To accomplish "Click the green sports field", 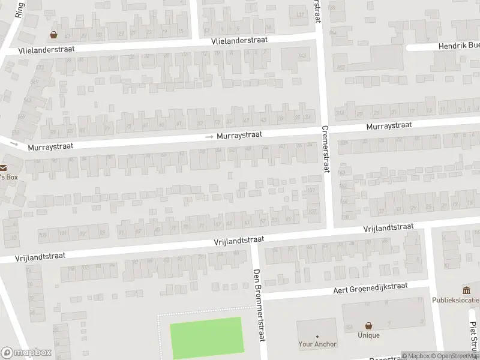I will point(207,337).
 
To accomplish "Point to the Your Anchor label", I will point(317,344).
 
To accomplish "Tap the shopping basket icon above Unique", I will point(368,326).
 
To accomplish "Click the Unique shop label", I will point(368,335).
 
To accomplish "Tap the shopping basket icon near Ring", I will point(54,35).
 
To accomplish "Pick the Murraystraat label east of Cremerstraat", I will point(389,125).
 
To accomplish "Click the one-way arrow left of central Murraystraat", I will point(209,137).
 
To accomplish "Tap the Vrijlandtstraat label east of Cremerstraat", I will point(389,227).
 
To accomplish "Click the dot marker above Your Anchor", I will point(317,336).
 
